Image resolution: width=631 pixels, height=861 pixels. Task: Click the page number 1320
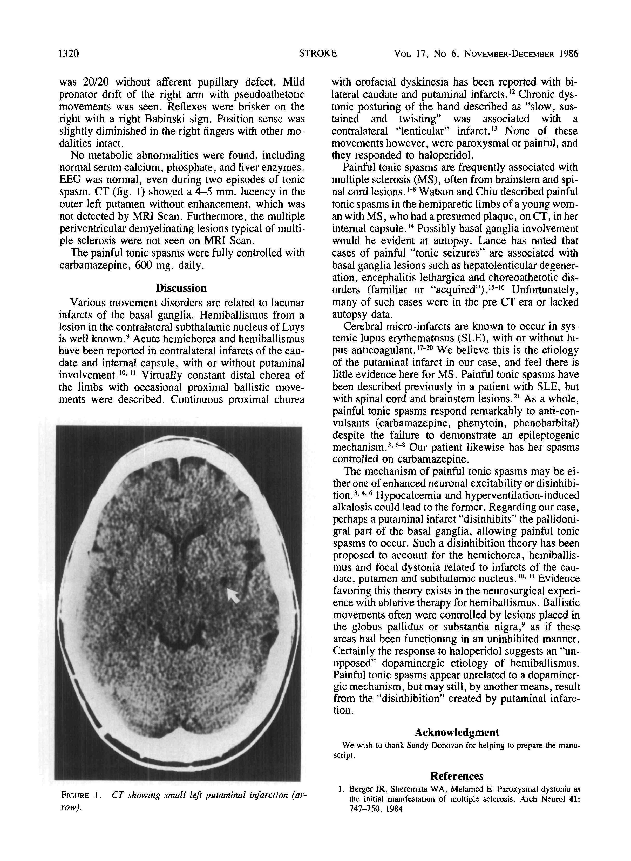click(x=69, y=54)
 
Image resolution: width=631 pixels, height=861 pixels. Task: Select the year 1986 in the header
click(x=569, y=54)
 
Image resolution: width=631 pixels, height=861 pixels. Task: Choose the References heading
click(x=457, y=776)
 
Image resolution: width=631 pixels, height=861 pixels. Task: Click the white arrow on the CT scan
click(x=233, y=595)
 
